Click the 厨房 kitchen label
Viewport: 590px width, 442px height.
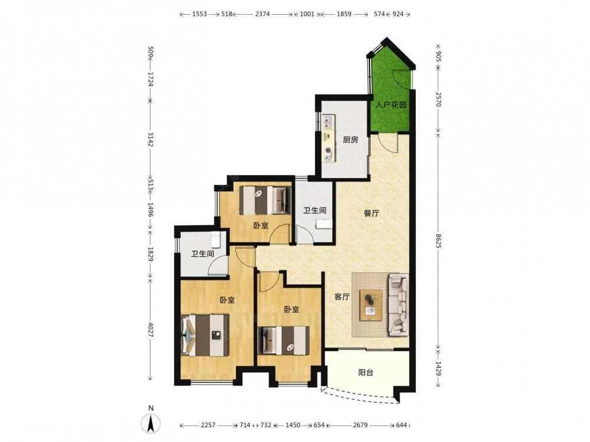pyautogui.click(x=350, y=140)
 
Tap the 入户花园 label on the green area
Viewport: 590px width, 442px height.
pyautogui.click(x=391, y=104)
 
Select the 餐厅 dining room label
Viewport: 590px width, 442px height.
pyautogui.click(x=371, y=213)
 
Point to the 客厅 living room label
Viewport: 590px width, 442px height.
pyautogui.click(x=342, y=297)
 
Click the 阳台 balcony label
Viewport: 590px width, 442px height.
pyautogui.click(x=365, y=373)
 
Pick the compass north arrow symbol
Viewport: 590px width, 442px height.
pyautogui.click(x=151, y=423)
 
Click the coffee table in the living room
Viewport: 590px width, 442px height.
pyautogui.click(x=371, y=305)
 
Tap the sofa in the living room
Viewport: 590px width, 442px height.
pyautogui.click(x=399, y=304)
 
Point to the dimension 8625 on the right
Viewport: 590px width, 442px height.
pyautogui.click(x=438, y=240)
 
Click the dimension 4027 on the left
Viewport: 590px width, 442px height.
pyautogui.click(x=150, y=329)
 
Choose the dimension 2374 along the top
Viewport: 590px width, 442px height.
pyautogui.click(x=263, y=14)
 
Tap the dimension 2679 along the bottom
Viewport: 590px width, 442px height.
pyautogui.click(x=360, y=425)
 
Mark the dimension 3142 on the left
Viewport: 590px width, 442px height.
pyautogui.click(x=150, y=139)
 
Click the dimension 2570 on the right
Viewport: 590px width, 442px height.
pyautogui.click(x=438, y=99)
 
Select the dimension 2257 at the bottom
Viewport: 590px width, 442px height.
pyautogui.click(x=208, y=425)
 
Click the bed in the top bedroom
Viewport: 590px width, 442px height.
pyautogui.click(x=265, y=200)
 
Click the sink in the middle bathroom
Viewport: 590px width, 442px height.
pyautogui.click(x=324, y=224)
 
